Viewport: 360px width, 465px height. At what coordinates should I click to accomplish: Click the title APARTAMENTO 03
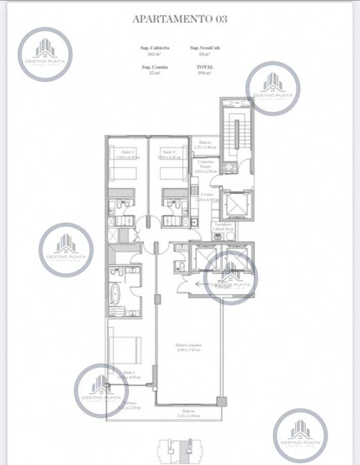coord(180,19)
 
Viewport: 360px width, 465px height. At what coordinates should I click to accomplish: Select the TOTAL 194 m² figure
coord(205,70)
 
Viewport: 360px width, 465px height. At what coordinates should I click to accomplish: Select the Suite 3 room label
coord(169,154)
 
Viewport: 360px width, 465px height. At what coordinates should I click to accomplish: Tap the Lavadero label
coord(223,226)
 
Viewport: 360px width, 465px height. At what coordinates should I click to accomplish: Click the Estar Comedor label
coord(188,347)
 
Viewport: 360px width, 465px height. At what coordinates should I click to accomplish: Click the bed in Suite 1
coord(126,349)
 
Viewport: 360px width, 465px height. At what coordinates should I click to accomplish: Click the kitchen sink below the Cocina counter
coord(194,223)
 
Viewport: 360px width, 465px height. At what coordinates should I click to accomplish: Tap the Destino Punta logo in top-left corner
coord(45,54)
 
